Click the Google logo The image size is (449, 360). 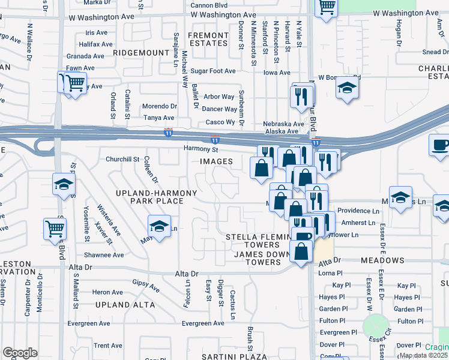click(x=20, y=353)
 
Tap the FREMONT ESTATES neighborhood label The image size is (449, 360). click(x=208, y=40)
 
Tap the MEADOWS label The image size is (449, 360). click(x=383, y=261)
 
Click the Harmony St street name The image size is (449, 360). click(x=200, y=149)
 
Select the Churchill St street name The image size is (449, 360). click(x=122, y=160)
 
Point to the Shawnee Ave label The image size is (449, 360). click(x=104, y=255)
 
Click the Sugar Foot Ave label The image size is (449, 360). click(x=213, y=71)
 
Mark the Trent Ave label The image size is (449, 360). click(x=108, y=346)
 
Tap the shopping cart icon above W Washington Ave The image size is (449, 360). click(x=327, y=7)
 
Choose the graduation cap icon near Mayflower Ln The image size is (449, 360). click(x=158, y=227)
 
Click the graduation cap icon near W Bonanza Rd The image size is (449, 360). click(x=346, y=88)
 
